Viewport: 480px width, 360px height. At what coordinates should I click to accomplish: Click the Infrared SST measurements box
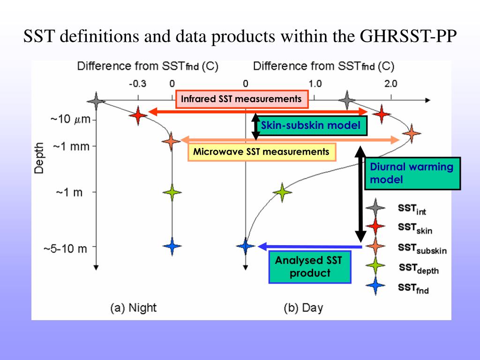pos(241,99)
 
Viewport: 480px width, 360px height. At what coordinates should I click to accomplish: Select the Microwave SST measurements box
pos(262,152)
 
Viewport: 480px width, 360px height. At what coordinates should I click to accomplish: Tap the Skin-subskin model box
pos(311,126)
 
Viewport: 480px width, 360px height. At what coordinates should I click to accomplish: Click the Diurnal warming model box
pos(412,173)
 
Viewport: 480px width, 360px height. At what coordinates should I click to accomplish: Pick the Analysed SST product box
pos(310,267)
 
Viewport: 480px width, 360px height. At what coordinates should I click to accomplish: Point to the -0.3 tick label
pos(137,84)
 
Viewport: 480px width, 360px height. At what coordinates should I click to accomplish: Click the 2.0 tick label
pos(390,84)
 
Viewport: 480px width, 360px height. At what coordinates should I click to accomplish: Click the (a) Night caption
pos(133,308)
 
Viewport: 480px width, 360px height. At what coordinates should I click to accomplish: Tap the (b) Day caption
pos(303,308)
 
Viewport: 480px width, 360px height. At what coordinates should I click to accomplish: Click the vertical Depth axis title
pos(39,158)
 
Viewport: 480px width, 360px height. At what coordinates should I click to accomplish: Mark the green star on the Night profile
pos(172,192)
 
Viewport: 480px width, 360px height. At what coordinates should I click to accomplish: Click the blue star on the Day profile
pos(245,246)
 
